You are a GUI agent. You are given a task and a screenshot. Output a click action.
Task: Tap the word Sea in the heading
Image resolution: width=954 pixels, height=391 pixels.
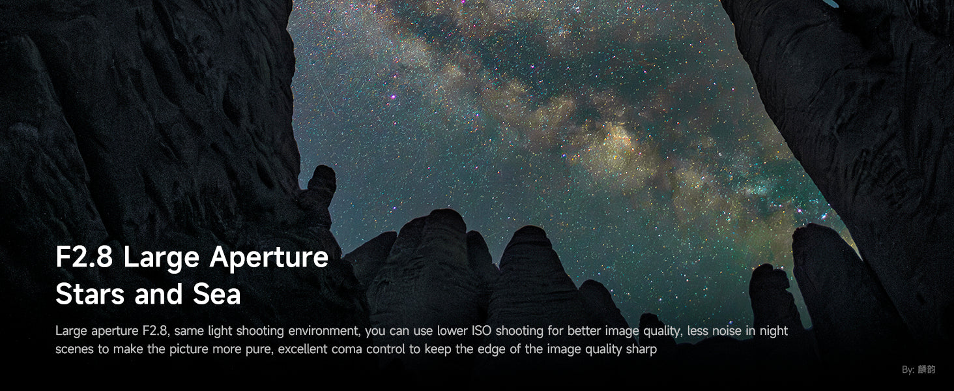pyautogui.click(x=217, y=295)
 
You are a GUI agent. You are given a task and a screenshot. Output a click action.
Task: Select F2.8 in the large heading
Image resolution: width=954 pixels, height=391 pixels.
pyautogui.click(x=84, y=257)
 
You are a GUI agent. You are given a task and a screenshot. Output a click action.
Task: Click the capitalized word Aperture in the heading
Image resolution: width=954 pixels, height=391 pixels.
pyautogui.click(x=268, y=257)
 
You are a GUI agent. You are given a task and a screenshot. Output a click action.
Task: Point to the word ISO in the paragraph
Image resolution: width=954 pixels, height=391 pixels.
pyautogui.click(x=482, y=331)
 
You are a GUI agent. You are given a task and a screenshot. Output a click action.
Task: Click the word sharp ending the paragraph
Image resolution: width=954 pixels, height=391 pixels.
pyautogui.click(x=641, y=350)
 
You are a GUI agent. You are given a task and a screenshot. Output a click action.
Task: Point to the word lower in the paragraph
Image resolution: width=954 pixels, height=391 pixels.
pyautogui.click(x=452, y=331)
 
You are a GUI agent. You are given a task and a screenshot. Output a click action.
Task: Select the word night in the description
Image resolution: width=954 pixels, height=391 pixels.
pyautogui.click(x=774, y=331)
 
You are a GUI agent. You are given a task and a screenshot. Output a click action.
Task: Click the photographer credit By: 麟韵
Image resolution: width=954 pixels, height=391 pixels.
pyautogui.click(x=919, y=369)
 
